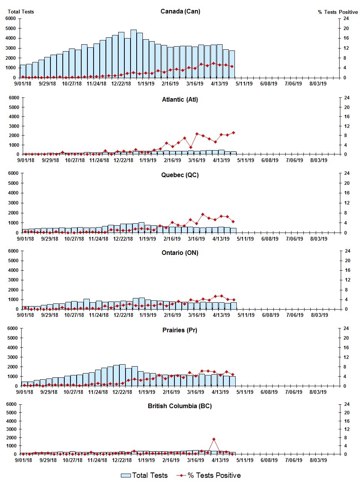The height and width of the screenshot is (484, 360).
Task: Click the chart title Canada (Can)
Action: pos(180,12)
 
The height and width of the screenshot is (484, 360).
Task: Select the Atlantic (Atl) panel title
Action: pos(180,100)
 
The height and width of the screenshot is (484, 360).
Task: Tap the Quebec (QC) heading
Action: pos(180,175)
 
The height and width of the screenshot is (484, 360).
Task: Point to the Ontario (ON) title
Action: pos(180,253)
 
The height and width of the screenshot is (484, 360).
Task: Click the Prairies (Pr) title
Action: pos(180,330)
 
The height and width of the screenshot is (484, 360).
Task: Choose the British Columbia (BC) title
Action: pos(180,406)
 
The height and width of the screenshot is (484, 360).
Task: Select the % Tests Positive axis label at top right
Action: pos(338,12)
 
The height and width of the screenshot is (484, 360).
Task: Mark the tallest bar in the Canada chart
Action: pos(134,54)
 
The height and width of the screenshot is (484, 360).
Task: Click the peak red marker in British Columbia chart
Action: pos(214,439)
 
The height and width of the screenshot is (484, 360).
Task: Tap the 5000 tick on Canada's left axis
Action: pos(10,28)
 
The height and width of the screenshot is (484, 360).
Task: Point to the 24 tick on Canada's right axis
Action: pos(346,18)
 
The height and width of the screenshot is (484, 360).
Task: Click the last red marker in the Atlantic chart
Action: pos(233,133)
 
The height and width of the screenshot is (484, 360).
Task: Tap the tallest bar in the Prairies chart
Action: pos(122,375)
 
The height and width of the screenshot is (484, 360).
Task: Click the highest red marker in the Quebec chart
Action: pos(203,214)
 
